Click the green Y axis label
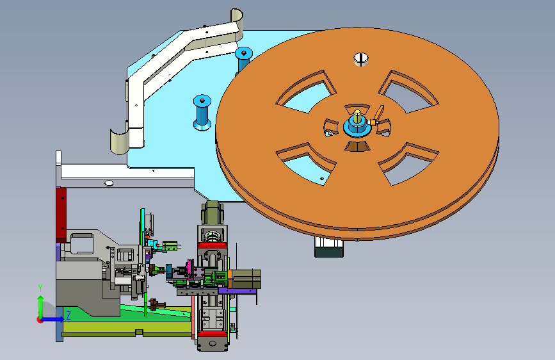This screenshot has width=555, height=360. click(40, 288)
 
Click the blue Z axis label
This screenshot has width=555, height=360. click(68, 315)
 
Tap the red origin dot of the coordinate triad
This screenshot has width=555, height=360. click(40, 320)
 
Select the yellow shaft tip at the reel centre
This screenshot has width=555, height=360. click(357, 116)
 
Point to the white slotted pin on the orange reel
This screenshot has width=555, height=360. click(361, 59)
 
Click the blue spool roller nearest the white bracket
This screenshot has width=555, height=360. click(202, 112)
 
